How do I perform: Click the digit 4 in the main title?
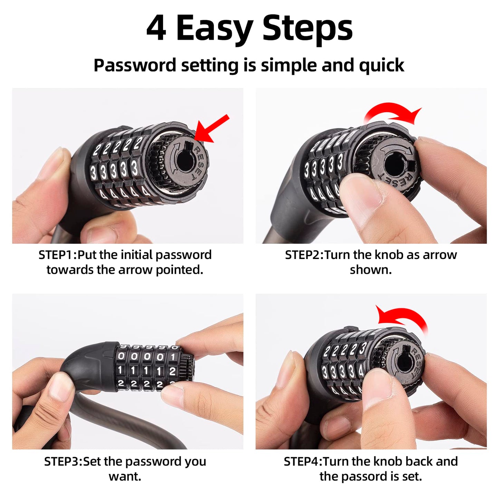coord(156,28)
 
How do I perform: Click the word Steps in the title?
coord(307,28)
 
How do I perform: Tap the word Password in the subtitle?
coord(135,65)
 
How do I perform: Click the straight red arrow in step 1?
coord(211,128)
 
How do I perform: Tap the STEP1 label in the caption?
coord(57,255)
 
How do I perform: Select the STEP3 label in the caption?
coord(63,461)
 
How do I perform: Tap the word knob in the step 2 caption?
coord(389,255)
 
